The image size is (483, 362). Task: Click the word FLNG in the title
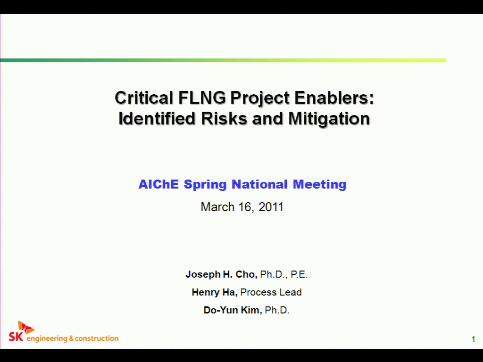tap(202, 98)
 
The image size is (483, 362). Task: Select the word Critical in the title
tap(144, 98)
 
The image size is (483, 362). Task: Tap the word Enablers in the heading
tap(334, 98)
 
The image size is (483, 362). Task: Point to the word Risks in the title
tap(224, 118)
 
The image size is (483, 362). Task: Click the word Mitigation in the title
tap(329, 118)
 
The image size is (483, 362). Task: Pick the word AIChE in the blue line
tap(158, 184)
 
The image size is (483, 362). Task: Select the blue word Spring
tap(205, 185)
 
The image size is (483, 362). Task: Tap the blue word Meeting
tap(319, 184)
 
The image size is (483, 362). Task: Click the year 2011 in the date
tap(271, 207)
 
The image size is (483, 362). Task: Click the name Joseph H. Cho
tap(221, 274)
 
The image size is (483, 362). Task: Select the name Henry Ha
tap(215, 292)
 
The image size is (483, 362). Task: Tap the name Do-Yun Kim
tap(233, 310)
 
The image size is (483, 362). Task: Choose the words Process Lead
tap(271, 292)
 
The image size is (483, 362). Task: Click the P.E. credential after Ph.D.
tap(299, 274)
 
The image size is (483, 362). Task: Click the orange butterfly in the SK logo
tap(25, 327)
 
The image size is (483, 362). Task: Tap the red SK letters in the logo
tap(16, 337)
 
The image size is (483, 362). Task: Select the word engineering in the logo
tap(47, 338)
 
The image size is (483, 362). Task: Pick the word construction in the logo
tap(96, 338)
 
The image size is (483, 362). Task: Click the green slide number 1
tap(473, 339)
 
